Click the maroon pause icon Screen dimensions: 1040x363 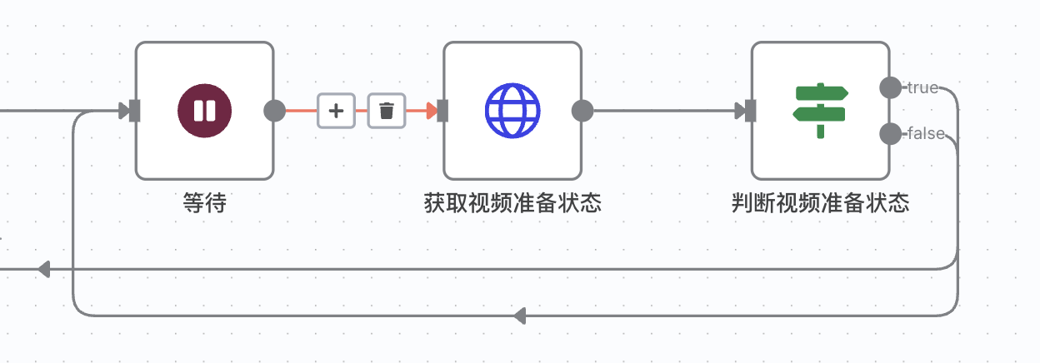tap(204, 111)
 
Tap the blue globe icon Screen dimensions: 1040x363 tap(512, 111)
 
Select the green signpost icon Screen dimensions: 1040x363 tap(820, 111)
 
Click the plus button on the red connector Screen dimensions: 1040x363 tap(336, 111)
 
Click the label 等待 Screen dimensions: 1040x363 tap(205, 203)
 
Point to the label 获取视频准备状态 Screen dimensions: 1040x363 tap(512, 203)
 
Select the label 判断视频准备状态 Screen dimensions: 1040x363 tap(820, 203)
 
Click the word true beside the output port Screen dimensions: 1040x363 tap(922, 87)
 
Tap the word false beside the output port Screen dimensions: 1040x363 tap(926, 133)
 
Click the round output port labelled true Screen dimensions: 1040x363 tap(891, 87)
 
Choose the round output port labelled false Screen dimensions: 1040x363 tap(891, 133)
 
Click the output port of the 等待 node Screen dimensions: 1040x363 tap(274, 111)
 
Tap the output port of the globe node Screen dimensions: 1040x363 tap(582, 111)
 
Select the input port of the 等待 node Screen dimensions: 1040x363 tap(135, 111)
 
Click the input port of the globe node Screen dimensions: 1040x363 tap(442, 111)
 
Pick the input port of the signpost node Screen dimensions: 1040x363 tap(750, 111)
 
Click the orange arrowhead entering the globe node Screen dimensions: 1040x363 tap(432, 111)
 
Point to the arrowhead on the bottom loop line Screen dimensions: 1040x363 tap(520, 316)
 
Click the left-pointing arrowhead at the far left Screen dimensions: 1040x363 tap(44, 269)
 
